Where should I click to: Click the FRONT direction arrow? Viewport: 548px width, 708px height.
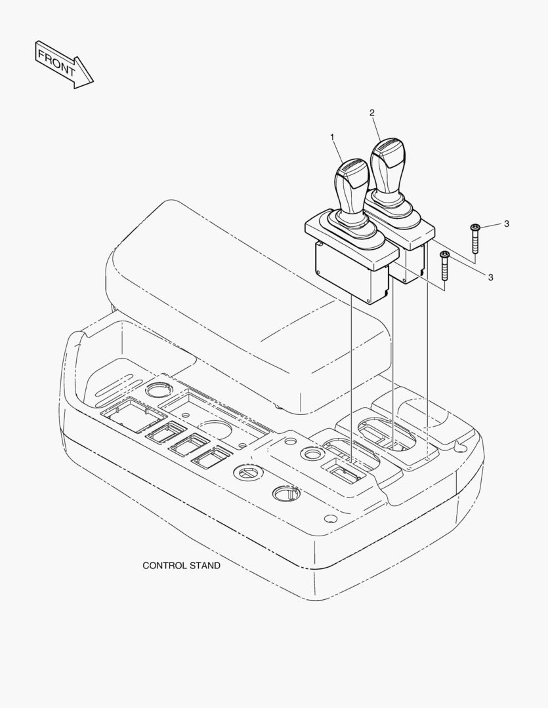pyautogui.click(x=64, y=64)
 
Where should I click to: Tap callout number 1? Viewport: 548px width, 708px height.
pyautogui.click(x=332, y=136)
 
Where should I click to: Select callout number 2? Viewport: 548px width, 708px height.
pyautogui.click(x=372, y=113)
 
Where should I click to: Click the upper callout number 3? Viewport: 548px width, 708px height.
pyautogui.click(x=507, y=224)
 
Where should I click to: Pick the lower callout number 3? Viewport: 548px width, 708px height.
pyautogui.click(x=491, y=277)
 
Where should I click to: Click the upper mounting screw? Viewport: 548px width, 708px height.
pyautogui.click(x=474, y=239)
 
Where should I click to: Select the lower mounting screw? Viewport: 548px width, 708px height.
pyautogui.click(x=444, y=266)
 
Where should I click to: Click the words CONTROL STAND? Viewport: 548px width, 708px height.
pyautogui.click(x=181, y=565)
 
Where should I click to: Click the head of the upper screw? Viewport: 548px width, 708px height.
pyautogui.click(x=474, y=227)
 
